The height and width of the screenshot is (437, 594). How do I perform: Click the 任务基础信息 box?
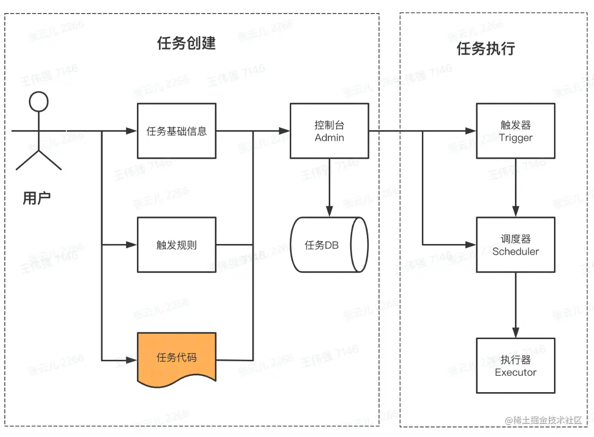(176, 131)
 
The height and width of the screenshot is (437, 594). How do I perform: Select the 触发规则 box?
(176, 245)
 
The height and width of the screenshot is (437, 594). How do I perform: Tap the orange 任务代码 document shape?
(176, 357)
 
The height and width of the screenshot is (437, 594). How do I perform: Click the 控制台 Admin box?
(329, 131)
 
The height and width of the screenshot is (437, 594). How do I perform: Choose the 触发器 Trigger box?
(515, 131)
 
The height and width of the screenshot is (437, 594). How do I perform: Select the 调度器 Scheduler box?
(515, 245)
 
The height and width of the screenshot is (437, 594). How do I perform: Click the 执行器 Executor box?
(515, 365)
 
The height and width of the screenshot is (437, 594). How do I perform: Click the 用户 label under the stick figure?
(37, 198)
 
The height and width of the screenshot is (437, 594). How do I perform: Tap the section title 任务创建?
(186, 43)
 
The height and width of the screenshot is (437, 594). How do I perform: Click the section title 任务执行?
(486, 49)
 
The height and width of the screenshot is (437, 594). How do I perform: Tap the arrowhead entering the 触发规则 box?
(132, 245)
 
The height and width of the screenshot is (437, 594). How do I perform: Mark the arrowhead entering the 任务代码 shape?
(132, 360)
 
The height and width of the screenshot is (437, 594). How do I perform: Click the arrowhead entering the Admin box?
(284, 130)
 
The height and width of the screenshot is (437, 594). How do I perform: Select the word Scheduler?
(515, 251)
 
